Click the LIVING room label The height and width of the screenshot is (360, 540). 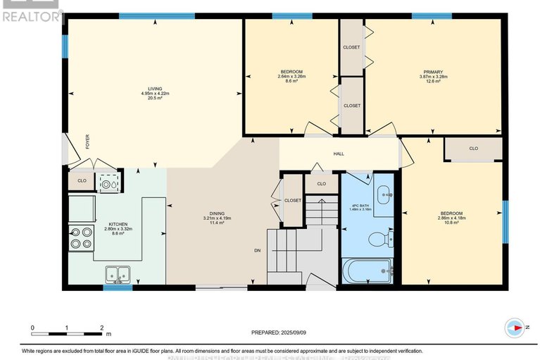pos(155,88)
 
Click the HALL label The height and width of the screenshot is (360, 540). pos(339,153)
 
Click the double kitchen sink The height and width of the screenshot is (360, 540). pos(118,273)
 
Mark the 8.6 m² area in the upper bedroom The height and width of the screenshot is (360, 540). pos(291,82)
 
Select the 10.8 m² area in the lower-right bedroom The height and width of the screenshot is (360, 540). pos(451,223)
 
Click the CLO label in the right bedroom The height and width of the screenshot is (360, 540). pos(473,149)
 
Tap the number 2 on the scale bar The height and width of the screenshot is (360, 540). pos(101,328)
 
